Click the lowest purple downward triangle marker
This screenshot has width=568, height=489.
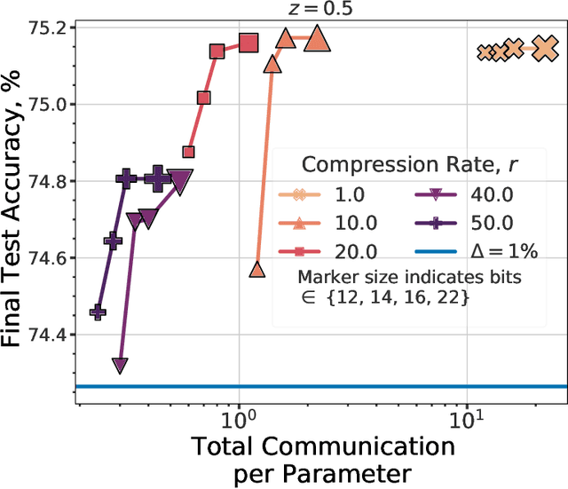click(120, 365)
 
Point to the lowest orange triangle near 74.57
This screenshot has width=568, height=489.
click(257, 270)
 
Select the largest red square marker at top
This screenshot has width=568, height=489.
click(248, 43)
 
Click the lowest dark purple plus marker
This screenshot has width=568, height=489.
click(98, 312)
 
